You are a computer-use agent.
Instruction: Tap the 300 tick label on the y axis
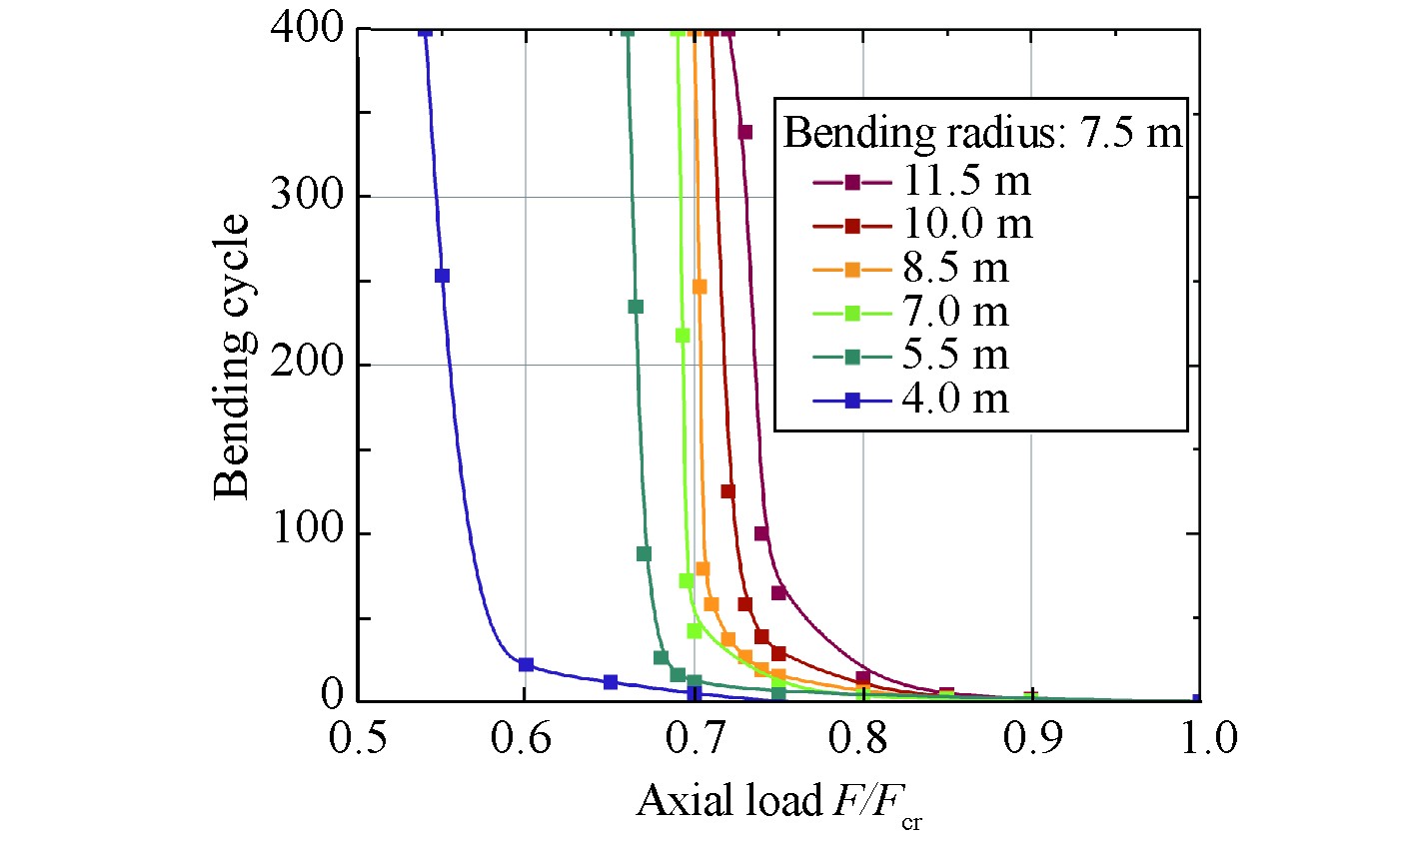click(x=307, y=196)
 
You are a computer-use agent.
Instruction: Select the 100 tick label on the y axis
click(x=307, y=532)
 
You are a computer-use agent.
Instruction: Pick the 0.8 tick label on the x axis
click(x=862, y=740)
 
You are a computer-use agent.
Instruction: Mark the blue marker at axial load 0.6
click(x=526, y=664)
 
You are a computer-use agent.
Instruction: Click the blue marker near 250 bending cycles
click(x=442, y=276)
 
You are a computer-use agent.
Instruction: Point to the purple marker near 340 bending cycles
click(x=744, y=132)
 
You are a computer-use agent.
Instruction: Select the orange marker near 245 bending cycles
click(x=700, y=287)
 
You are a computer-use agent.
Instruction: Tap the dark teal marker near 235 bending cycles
click(x=636, y=307)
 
